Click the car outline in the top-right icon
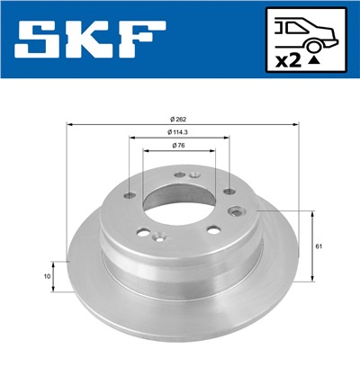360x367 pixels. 305,34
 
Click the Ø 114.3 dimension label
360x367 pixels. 180,133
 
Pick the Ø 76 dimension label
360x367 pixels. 180,147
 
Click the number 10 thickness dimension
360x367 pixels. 46,277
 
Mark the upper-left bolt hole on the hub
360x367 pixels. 131,194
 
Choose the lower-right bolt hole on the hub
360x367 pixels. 213,229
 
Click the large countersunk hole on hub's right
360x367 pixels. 238,211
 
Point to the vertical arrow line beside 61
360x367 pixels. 312,246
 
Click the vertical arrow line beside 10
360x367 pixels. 56,277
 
